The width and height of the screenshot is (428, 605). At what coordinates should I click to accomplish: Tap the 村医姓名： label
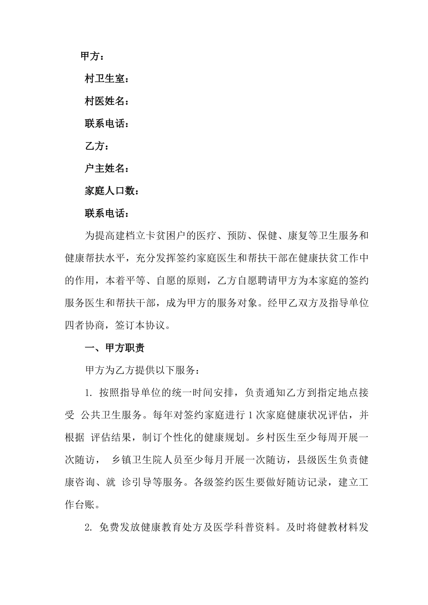107,101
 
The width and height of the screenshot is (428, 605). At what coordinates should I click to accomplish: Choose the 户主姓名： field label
107,169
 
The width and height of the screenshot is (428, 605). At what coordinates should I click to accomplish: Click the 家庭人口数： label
112,191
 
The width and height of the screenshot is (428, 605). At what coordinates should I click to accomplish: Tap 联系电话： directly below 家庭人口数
107,213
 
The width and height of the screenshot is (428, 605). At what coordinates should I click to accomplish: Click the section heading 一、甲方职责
114,348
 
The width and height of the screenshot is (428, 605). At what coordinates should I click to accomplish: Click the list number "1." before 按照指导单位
89,393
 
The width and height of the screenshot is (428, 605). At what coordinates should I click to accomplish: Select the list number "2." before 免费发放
89,528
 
